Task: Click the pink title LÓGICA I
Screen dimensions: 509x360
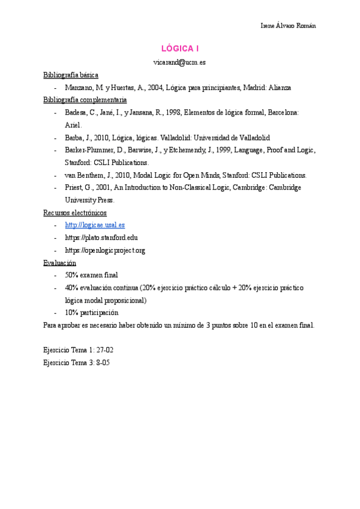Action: (x=180, y=48)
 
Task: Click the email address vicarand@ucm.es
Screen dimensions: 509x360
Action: (x=180, y=62)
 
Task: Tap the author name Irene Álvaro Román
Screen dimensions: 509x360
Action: (x=288, y=25)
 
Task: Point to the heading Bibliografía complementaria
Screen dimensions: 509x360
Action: (x=85, y=100)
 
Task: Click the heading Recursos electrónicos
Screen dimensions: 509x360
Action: (x=75, y=212)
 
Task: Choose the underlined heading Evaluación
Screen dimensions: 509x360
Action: (x=60, y=263)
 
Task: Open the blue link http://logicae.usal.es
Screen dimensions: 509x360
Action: (x=95, y=225)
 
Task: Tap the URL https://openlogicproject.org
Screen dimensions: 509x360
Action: (x=105, y=250)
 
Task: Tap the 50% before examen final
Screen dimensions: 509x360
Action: (x=71, y=275)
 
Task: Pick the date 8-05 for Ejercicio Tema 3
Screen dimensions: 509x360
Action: (x=100, y=363)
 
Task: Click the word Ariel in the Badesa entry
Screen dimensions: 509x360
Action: (x=73, y=125)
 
